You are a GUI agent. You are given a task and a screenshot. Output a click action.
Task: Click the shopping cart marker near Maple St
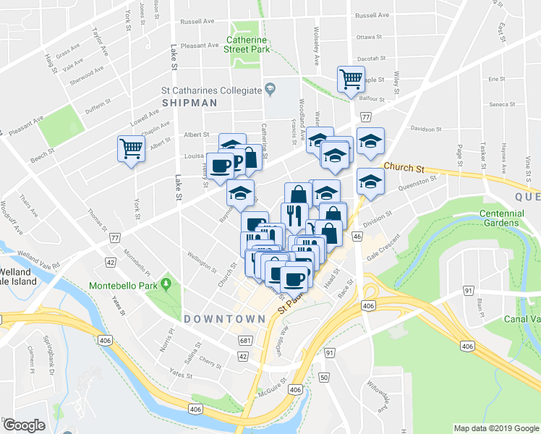tap(351, 77)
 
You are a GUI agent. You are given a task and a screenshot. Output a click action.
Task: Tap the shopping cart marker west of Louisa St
tap(131, 149)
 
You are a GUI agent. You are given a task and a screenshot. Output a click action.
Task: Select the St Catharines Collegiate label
tap(210, 90)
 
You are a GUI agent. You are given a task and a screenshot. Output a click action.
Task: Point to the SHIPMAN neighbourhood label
tap(190, 103)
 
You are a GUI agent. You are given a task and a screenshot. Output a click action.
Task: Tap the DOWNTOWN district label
tap(224, 318)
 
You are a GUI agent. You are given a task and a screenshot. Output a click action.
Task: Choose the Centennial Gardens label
tap(499, 218)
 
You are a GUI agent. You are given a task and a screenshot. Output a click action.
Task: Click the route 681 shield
tap(246, 340)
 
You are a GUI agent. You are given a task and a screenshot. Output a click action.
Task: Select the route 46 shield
tap(357, 236)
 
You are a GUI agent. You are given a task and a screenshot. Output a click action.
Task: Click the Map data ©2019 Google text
tap(495, 428)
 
